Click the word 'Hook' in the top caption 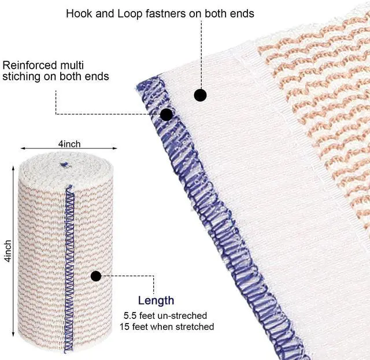(x=78, y=13)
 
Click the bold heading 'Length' (x=156, y=300)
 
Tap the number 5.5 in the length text (x=131, y=316)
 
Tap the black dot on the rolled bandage (x=96, y=276)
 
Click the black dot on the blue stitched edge (x=166, y=114)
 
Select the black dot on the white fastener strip (x=200, y=95)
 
